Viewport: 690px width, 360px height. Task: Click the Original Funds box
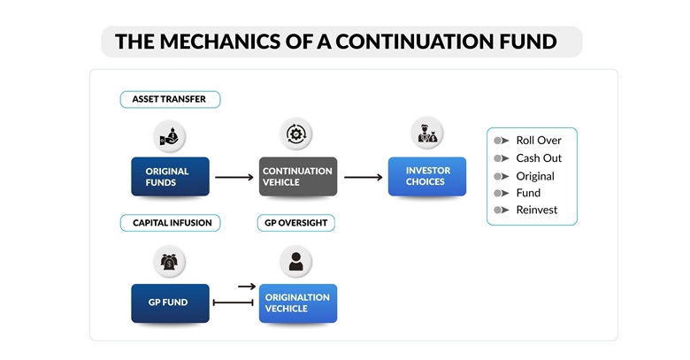click(170, 177)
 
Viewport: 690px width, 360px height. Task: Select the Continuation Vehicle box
click(297, 177)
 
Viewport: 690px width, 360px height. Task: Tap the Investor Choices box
click(427, 177)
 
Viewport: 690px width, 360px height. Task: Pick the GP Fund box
click(170, 303)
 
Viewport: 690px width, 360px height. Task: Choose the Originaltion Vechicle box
click(297, 303)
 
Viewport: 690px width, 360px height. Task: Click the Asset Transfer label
click(169, 100)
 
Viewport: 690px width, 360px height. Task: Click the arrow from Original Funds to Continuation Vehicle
click(234, 177)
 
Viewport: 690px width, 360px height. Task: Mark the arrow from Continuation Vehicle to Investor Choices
click(363, 177)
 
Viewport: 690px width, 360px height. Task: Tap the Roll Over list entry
click(539, 141)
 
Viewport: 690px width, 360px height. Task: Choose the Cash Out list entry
click(539, 158)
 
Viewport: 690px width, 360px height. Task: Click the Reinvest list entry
click(536, 210)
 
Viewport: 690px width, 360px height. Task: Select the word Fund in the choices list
click(528, 193)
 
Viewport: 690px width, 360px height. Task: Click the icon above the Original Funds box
click(170, 135)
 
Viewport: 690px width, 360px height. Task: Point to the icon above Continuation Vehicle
click(297, 134)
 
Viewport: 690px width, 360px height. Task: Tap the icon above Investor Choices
click(427, 134)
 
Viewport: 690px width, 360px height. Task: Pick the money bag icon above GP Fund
click(170, 262)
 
